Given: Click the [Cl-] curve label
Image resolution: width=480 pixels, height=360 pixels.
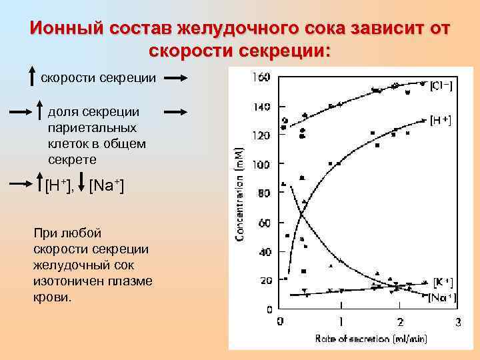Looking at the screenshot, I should pos(441,85).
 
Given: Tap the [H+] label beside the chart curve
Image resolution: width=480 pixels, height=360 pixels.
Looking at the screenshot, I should pos(439,121).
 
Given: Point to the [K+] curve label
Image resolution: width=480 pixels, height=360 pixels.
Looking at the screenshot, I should pos(443,283).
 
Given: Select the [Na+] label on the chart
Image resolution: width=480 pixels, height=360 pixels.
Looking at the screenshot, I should pos(442,297).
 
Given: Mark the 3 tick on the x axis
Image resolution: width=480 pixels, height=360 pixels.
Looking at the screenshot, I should pos(457,323).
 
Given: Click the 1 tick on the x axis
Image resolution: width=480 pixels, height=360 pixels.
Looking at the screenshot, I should pos(340,323).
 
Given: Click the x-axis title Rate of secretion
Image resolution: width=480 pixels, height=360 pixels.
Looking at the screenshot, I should pos(371,339).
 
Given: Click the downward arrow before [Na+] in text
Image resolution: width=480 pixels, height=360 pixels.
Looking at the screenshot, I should pos(81,183).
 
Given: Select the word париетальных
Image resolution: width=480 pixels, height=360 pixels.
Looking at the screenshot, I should pos(92,127).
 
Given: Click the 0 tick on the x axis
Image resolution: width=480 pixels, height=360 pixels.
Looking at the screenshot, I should pos(281,323).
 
